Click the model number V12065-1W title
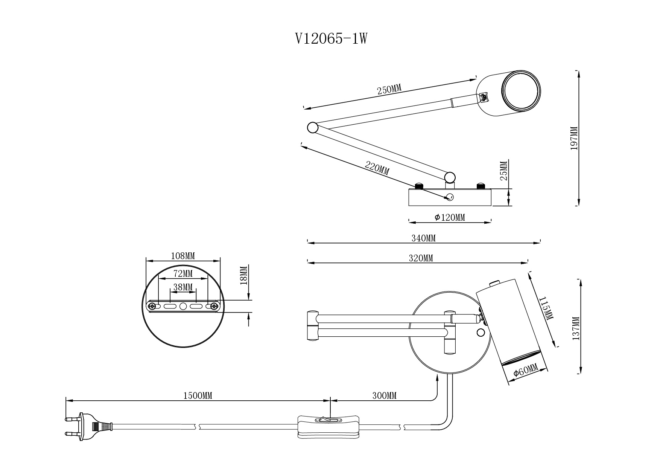pyautogui.click(x=331, y=39)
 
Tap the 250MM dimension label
pyautogui.click(x=389, y=90)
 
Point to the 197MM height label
pyautogui.click(x=574, y=138)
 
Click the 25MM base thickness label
pyautogui.click(x=505, y=170)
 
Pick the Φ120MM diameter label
pyautogui.click(x=450, y=217)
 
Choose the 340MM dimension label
pyautogui.click(x=423, y=238)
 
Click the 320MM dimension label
pyautogui.click(x=421, y=258)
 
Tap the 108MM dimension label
pyautogui.click(x=183, y=256)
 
